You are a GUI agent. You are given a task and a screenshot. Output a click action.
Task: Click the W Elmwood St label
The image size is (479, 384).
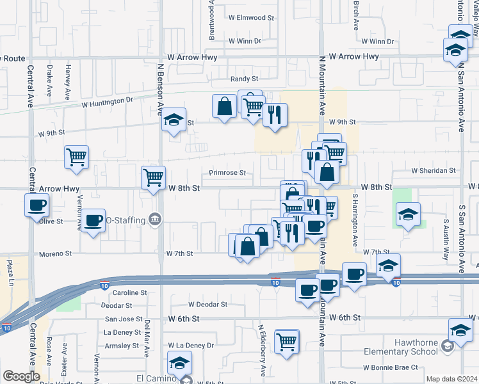pyautogui.click(x=251, y=19)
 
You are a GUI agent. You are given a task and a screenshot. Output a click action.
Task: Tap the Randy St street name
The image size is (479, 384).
pyautogui.click(x=245, y=79)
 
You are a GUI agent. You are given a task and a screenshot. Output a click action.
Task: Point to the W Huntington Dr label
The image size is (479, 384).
pyautogui.click(x=107, y=100)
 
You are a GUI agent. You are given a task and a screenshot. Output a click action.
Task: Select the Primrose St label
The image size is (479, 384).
pyautogui.click(x=227, y=173)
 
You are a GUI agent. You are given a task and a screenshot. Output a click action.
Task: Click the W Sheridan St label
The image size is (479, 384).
pyautogui.click(x=434, y=171)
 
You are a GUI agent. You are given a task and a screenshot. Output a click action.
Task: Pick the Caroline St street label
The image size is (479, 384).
pyautogui.click(x=130, y=292)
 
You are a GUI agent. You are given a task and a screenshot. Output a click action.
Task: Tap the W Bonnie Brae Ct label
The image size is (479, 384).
pyautogui.click(x=390, y=367)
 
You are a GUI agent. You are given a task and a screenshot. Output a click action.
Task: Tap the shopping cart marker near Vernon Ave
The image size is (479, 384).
pyautogui.click(x=77, y=156)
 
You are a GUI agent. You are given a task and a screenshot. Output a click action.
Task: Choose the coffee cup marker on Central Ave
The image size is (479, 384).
pyautogui.click(x=37, y=205)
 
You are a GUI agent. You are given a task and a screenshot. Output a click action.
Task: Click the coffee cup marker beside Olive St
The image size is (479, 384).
pyautogui.click(x=93, y=220)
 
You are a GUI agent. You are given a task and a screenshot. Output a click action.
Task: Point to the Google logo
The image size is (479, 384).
pyautogui.click(x=21, y=376)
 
